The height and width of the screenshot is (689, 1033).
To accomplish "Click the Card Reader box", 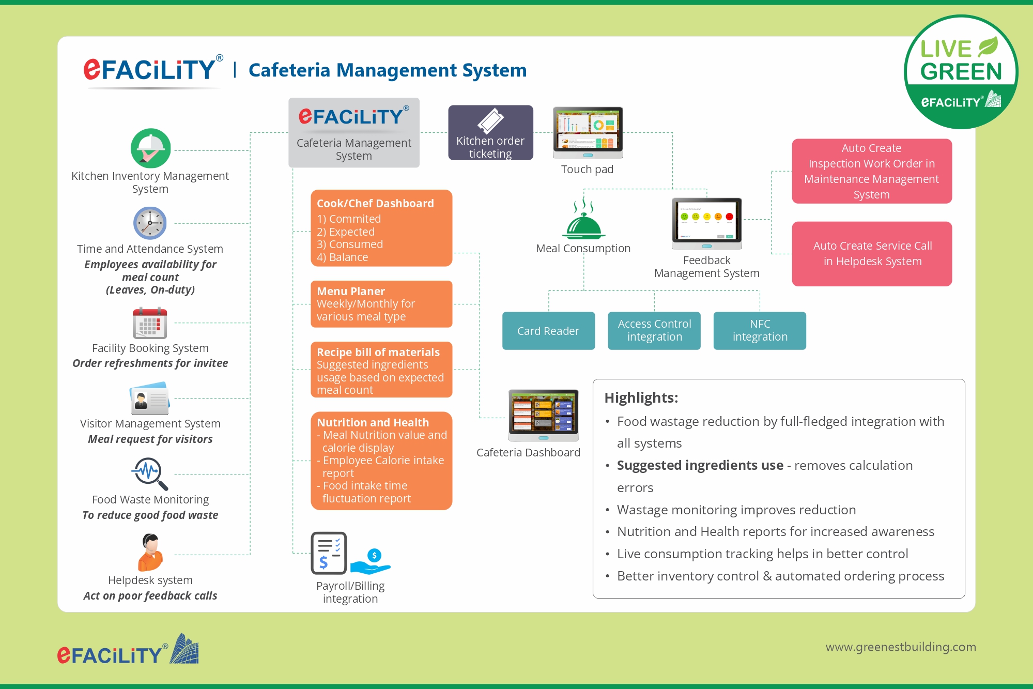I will point(548,331).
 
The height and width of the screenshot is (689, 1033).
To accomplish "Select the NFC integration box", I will point(760,331).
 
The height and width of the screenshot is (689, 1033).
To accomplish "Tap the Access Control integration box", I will point(654,331).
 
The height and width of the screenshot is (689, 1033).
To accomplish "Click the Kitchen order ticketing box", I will point(490,133).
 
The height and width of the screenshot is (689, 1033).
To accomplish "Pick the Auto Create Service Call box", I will point(872,254).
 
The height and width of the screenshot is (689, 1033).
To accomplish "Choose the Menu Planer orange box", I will point(381,304).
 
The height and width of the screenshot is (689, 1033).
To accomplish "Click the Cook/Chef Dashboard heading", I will point(375,204).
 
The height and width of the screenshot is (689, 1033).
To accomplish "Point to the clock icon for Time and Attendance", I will point(150,223).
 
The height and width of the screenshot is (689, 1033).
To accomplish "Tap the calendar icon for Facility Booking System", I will point(150,323).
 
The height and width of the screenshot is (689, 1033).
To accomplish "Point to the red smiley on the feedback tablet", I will point(729,217).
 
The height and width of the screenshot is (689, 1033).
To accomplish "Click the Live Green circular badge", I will point(961,72).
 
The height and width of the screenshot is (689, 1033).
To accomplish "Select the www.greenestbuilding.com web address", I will point(900,647).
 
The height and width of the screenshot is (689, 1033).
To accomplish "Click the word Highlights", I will point(641,397).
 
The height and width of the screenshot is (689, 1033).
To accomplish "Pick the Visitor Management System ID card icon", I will point(150,399).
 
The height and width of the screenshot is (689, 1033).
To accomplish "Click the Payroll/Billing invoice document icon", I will point(329,553).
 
